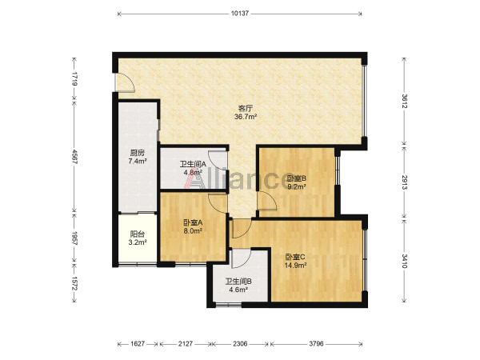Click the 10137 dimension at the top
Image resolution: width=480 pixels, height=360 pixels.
(x=240, y=14)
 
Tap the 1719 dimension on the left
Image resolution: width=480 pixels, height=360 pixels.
(x=74, y=79)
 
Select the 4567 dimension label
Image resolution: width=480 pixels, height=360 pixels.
(x=74, y=157)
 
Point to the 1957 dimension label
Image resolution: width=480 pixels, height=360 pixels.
(x=74, y=238)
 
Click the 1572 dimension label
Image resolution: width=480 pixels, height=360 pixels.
(x=74, y=284)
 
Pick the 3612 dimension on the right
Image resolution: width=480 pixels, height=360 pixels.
(x=404, y=102)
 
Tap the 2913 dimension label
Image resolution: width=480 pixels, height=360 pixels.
(x=404, y=182)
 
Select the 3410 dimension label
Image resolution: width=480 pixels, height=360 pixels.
(x=404, y=261)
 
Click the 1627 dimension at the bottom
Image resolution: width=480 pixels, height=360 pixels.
(x=138, y=344)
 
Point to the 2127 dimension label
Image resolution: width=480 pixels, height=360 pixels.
(x=186, y=344)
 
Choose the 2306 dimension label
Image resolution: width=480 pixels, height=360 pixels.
(x=240, y=344)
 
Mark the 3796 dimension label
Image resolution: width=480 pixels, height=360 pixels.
(x=316, y=344)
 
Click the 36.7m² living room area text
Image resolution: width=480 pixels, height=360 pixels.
(x=246, y=117)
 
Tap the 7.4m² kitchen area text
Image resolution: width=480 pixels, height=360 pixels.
(x=138, y=162)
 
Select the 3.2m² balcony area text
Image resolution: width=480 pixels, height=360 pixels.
(x=138, y=242)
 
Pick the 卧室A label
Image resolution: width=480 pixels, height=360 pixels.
(x=193, y=223)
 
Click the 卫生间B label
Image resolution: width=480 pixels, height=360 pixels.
(x=238, y=281)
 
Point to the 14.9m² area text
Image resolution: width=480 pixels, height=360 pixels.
(x=296, y=266)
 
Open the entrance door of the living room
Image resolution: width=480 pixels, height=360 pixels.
(x=126, y=82)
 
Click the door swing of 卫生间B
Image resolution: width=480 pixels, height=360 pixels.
(x=242, y=258)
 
